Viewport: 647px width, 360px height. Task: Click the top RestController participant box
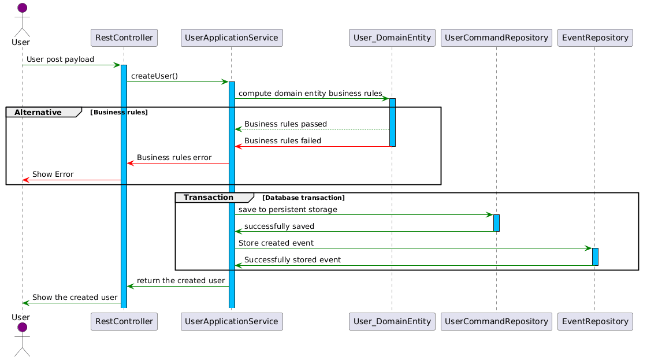coord(124,38)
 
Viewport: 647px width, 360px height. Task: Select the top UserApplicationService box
coord(232,38)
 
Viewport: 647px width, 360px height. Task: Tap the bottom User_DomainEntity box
coord(392,322)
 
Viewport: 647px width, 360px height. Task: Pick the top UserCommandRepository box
coord(496,38)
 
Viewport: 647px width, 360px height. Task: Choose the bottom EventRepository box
coord(595,322)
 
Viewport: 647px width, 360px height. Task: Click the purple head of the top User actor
coord(23,8)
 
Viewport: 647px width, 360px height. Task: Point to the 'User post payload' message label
coord(60,59)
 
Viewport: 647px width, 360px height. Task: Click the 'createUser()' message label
coord(154,76)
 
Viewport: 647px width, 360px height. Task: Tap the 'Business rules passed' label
coord(285,124)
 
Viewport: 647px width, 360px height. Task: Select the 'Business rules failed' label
coord(282,141)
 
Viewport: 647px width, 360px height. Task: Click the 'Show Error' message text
coord(53,174)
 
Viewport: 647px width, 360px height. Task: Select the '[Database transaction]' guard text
coord(303,198)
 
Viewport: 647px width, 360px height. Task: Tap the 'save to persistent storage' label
coord(288,209)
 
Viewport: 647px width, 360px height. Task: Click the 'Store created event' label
coord(276,243)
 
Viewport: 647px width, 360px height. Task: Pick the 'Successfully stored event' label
coord(292,259)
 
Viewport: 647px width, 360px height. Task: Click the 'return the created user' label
coord(181,281)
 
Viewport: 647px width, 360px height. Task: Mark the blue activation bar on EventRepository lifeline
coord(595,257)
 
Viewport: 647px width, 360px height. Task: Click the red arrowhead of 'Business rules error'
coord(131,164)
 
